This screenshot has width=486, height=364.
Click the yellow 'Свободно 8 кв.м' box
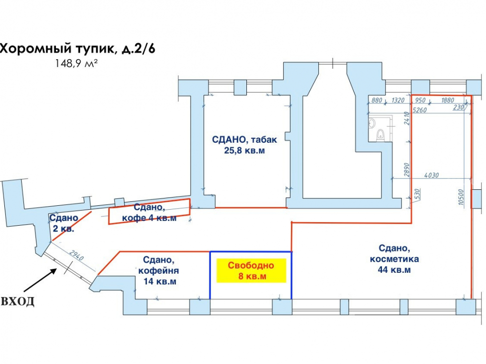coord(251,270)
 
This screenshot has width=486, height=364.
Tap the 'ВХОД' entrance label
coord(17,301)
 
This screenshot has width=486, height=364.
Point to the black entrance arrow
coord(40,280)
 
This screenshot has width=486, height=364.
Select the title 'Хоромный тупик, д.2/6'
coord(77,49)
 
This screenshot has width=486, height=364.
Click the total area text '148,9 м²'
coord(77,64)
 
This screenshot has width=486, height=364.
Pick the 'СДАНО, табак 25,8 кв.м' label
coord(244,145)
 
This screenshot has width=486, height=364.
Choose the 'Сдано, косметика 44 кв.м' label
coord(394,259)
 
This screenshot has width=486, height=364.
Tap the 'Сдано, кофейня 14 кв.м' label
coord(158,270)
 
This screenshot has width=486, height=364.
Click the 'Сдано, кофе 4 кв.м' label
coord(149,213)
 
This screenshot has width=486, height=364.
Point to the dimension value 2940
coord(76,256)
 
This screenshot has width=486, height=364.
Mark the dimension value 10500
coord(461,197)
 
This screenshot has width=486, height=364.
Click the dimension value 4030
coord(432,176)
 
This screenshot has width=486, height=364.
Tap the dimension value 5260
coord(420,110)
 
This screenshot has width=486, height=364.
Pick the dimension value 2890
coord(407,169)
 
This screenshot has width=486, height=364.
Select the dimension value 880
coord(377,100)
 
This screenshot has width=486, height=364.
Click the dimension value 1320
coord(398,100)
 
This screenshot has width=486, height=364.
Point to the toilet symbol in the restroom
coord(381,135)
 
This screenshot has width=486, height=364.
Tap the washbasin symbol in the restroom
coord(372,123)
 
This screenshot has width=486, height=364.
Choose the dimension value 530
coord(417,194)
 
